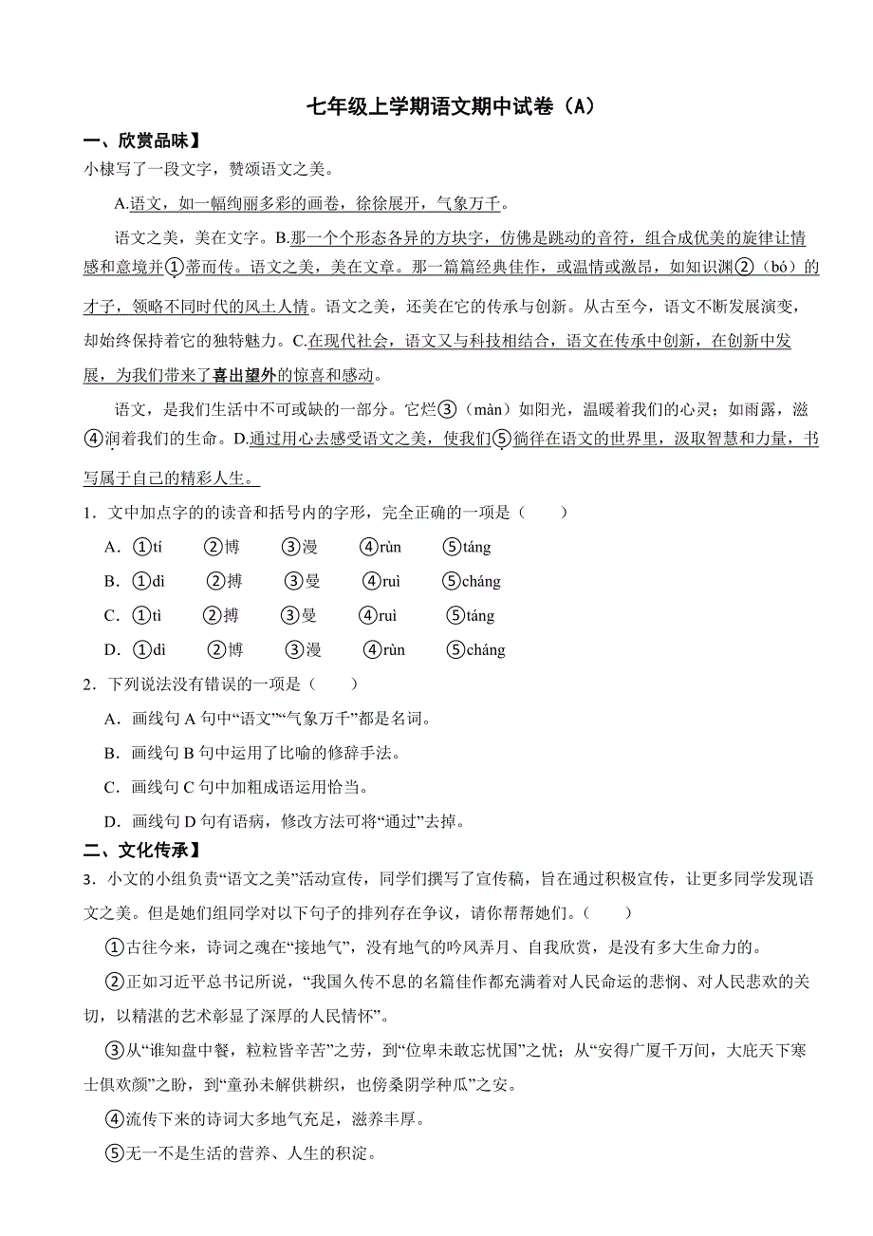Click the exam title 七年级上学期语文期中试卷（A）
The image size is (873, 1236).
click(x=451, y=106)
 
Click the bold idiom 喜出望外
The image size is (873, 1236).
click(x=244, y=376)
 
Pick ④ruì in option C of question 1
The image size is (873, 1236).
click(x=379, y=616)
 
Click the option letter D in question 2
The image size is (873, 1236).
click(x=112, y=822)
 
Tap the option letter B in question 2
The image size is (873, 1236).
click(x=112, y=754)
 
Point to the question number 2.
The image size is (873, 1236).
click(x=87, y=684)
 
